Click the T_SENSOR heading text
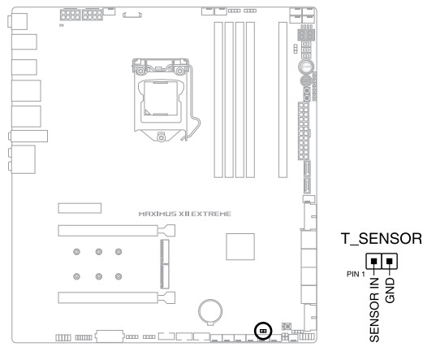click(382, 239)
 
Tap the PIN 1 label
click(356, 275)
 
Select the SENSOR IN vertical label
click(374, 310)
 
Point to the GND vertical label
click(390, 290)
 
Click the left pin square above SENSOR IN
click(374, 261)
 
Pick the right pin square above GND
click(390, 261)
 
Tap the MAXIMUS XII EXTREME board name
click(185, 214)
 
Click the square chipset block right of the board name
click(240, 247)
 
